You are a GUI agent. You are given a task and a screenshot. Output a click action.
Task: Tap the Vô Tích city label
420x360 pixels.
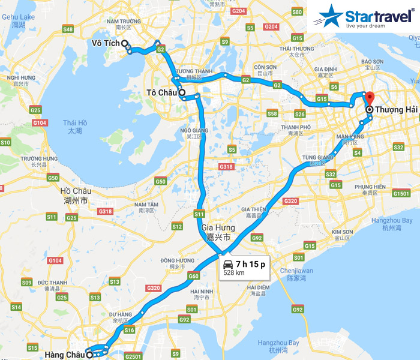coord(105,44)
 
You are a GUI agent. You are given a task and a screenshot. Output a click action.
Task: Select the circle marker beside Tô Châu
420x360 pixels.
coord(181,93)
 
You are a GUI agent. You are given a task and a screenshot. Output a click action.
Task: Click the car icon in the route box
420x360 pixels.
coord(228,265)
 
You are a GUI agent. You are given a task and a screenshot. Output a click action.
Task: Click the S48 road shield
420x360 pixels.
coord(68,29)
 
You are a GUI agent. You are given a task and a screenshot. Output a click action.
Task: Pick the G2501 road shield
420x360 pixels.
coord(133,356)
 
